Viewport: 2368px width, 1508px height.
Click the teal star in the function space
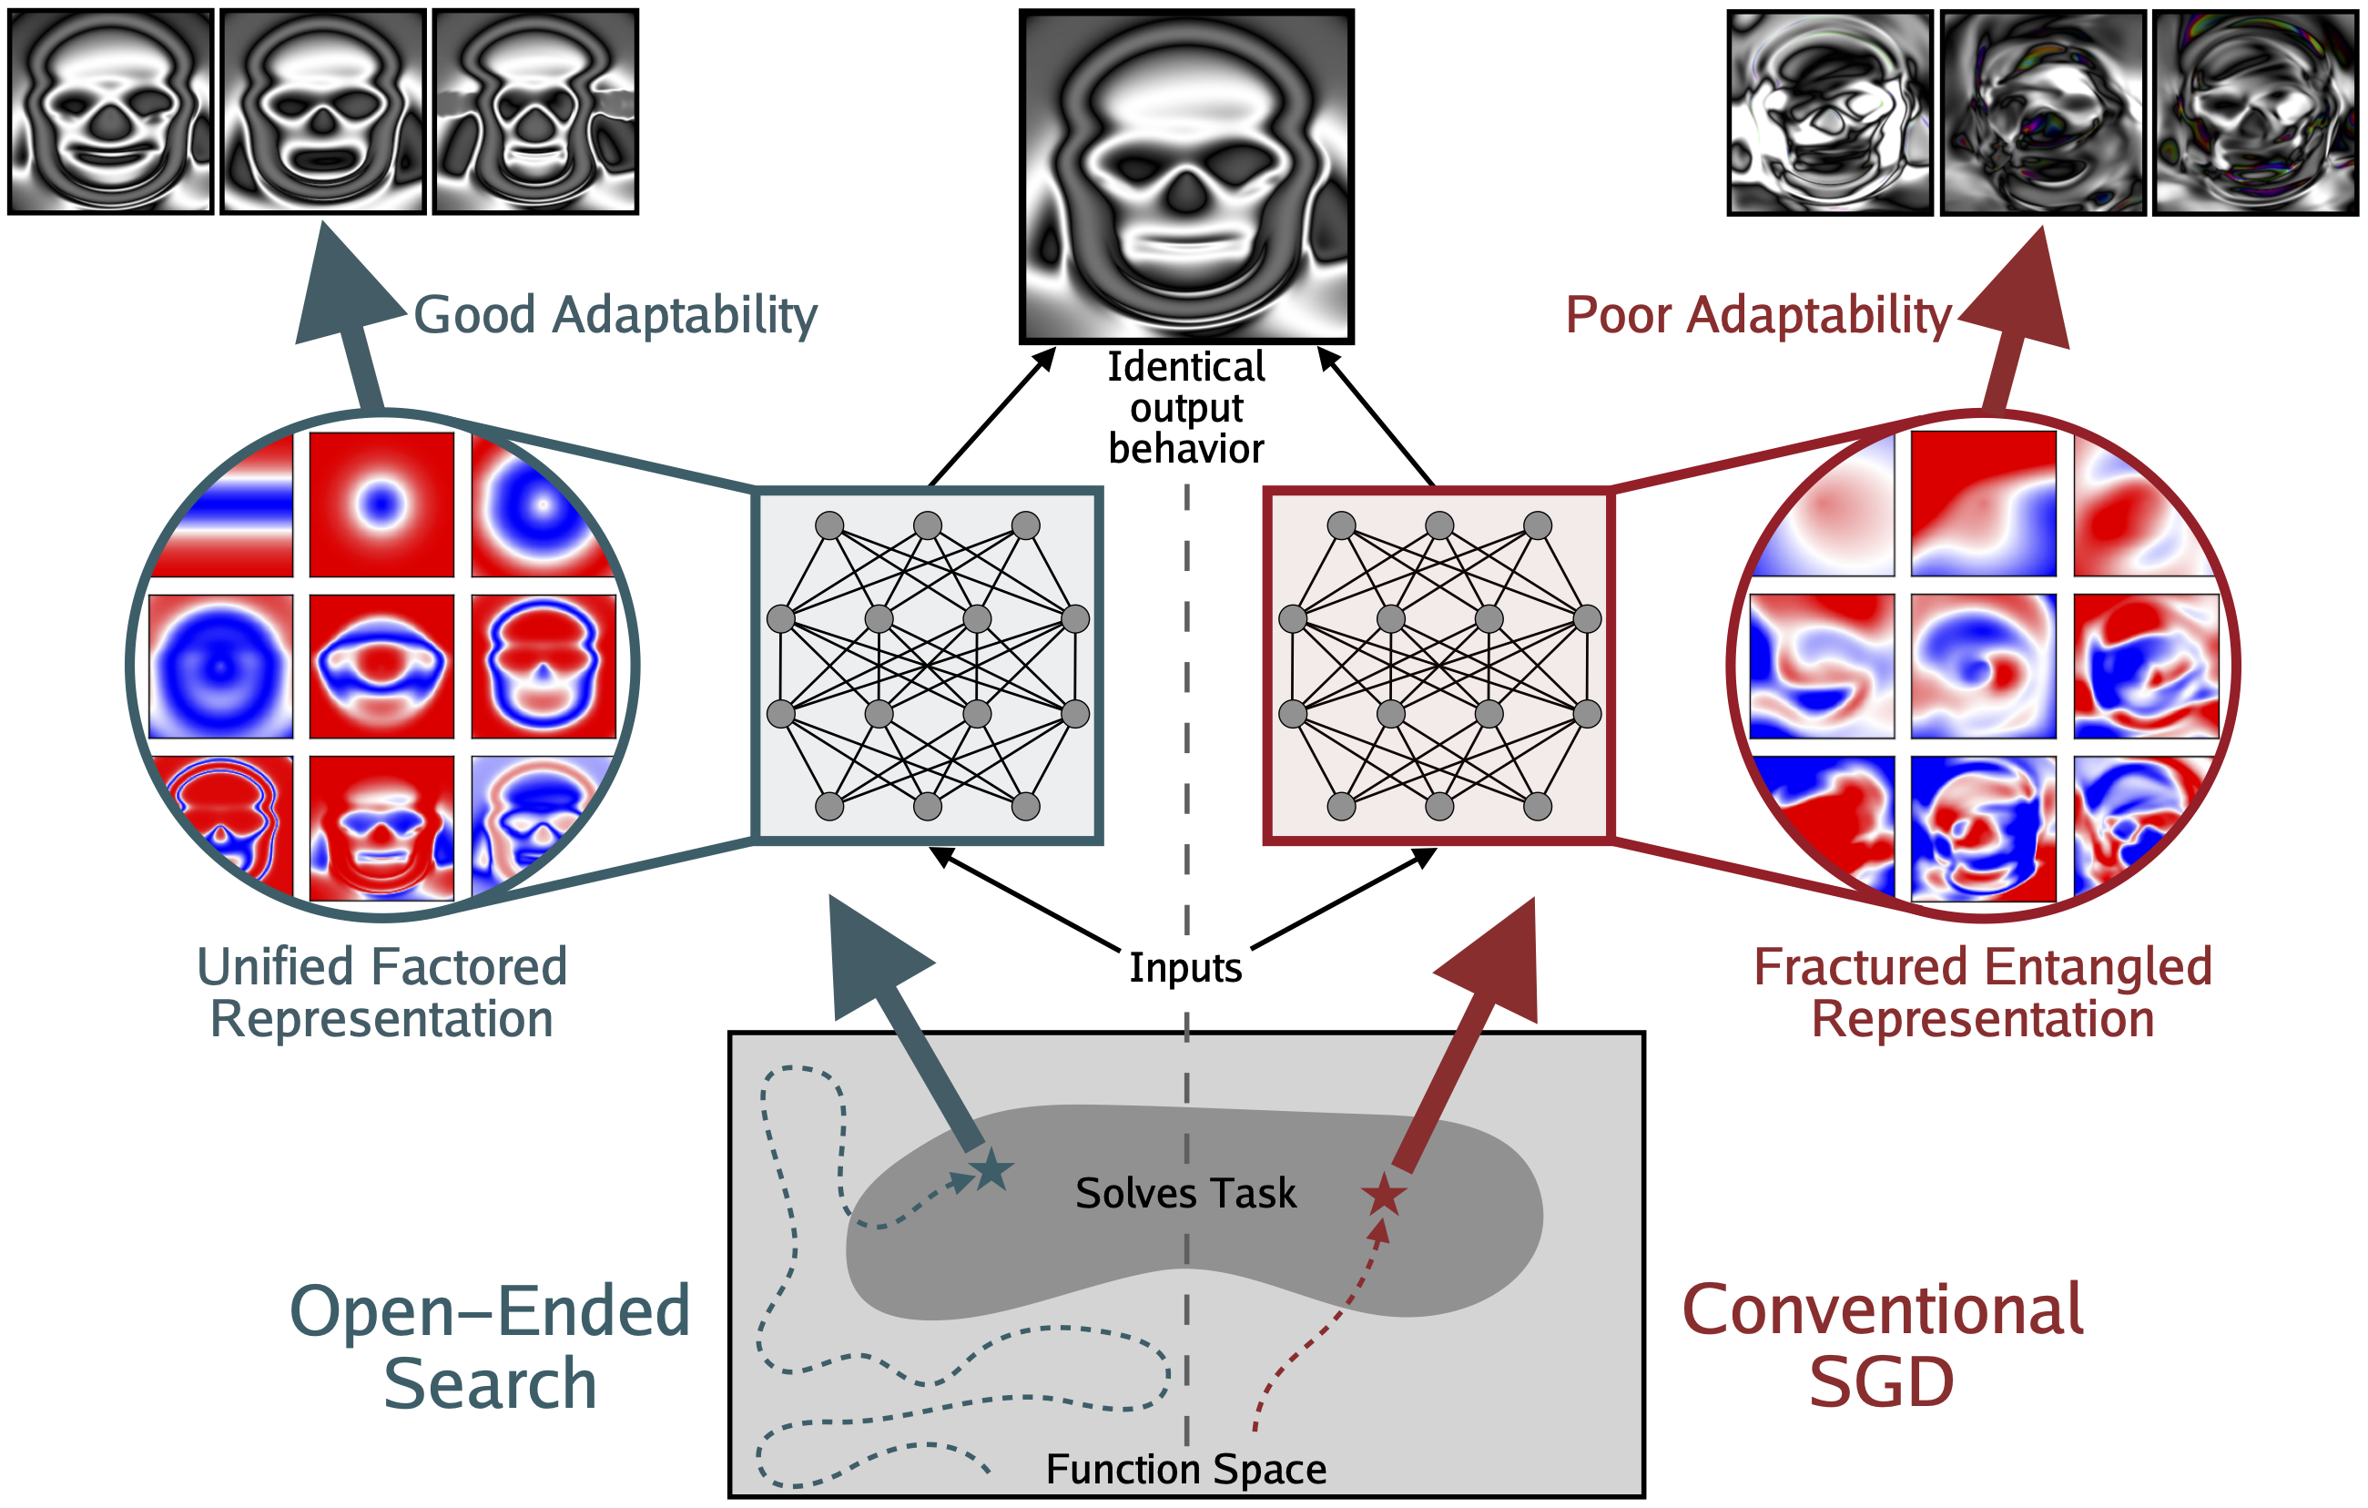[991, 1170]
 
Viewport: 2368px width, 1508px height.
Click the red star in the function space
[1384, 1195]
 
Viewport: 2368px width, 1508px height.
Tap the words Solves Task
[1185, 1193]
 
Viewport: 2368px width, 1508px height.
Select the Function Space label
[1185, 1470]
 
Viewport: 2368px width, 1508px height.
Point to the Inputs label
[1185, 968]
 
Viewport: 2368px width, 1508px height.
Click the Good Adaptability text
[615, 316]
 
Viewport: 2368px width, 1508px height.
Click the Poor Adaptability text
[1757, 316]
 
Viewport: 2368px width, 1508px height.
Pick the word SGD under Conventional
[1881, 1383]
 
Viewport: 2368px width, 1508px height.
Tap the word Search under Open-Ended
[490, 1385]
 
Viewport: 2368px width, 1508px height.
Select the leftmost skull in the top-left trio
[110, 112]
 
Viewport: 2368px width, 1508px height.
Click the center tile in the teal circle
[381, 666]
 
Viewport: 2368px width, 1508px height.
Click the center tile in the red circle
[1983, 666]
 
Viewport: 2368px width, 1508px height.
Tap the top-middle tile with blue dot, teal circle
[381, 504]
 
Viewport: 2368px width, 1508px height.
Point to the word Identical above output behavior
[1185, 367]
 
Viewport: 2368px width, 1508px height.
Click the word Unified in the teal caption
[262, 967]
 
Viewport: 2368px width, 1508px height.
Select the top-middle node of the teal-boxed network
[928, 525]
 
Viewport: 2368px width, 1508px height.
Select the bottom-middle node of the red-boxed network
[1438, 807]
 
